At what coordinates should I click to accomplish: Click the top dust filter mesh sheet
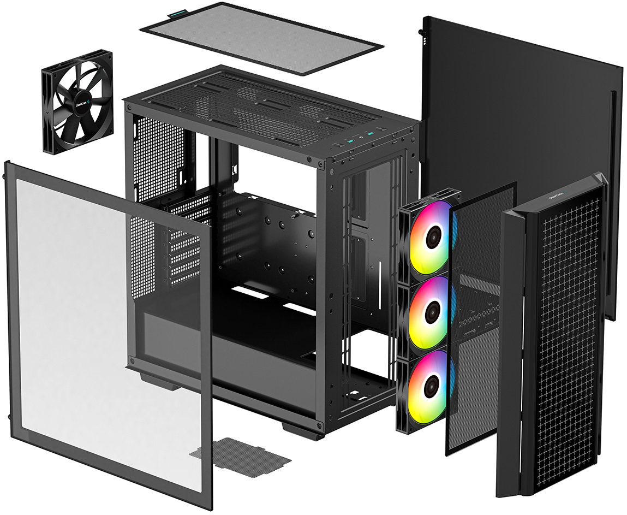click(262, 40)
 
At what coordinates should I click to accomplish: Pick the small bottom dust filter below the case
click(240, 454)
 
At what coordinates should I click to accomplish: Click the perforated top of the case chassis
click(262, 104)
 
